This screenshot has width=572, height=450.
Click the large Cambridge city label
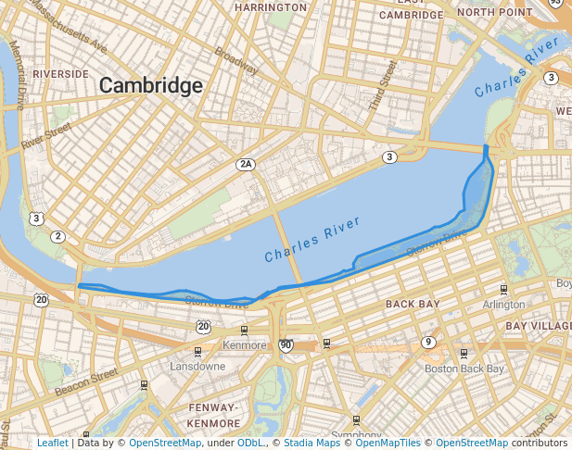coord(150,86)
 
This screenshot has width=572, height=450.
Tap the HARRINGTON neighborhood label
coord(271,7)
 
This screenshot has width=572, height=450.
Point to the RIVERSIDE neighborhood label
coord(60,73)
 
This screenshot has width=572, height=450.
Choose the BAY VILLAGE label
coord(539,326)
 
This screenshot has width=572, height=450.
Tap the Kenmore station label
coord(244,345)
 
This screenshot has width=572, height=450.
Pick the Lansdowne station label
coord(197,367)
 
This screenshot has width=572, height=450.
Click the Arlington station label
coord(503,304)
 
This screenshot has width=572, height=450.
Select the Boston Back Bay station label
coord(464,368)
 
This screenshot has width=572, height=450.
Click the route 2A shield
coord(245,164)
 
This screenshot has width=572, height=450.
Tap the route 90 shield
coord(286,345)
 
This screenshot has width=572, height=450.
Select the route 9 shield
coord(427,343)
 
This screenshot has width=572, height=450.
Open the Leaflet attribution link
coord(52,443)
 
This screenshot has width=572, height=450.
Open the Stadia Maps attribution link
coord(311,443)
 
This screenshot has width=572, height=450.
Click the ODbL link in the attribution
coord(249,443)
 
